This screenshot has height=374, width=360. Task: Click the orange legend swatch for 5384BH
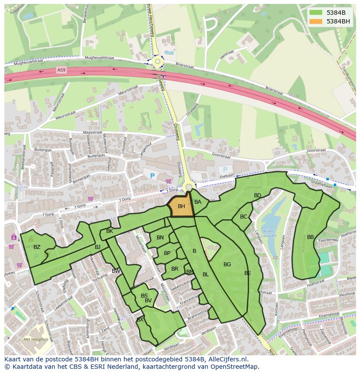click(316, 21)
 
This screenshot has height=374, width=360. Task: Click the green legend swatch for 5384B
click(316, 13)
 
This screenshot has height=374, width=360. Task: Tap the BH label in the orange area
click(181, 206)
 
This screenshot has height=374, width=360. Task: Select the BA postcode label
click(198, 202)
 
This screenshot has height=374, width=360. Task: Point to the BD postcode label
click(257, 195)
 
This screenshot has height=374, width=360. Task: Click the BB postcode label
click(310, 237)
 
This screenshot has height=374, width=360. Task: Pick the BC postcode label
click(243, 217)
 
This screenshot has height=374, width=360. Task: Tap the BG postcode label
click(227, 265)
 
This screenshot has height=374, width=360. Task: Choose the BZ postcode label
click(37, 247)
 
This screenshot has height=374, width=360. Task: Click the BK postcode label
click(110, 231)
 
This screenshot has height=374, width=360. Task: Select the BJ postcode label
click(97, 247)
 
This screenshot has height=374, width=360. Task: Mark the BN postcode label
click(160, 238)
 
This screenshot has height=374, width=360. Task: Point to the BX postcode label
click(140, 320)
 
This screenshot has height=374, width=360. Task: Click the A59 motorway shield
click(61, 70)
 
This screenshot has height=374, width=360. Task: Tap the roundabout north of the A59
click(157, 63)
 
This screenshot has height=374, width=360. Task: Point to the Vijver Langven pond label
click(269, 234)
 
